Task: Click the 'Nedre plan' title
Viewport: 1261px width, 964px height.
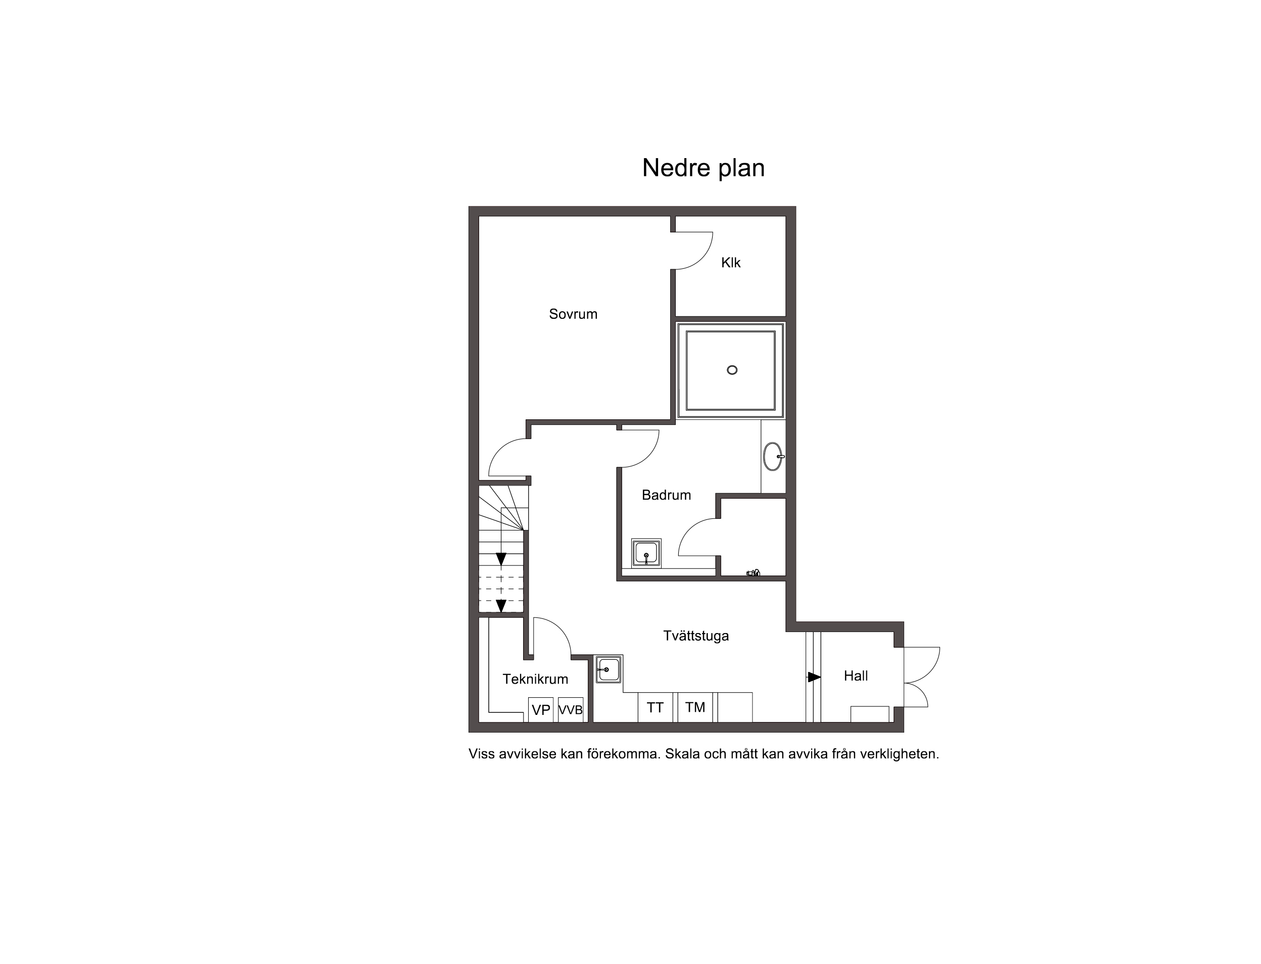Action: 703,168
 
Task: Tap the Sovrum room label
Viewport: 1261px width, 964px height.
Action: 573,314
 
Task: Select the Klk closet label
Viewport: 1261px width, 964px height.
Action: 731,262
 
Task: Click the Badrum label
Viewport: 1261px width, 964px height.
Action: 666,495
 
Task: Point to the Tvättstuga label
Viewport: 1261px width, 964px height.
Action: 695,636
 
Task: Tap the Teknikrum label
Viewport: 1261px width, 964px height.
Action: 535,679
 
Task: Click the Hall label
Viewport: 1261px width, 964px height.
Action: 855,676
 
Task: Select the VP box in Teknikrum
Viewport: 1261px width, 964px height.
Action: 541,709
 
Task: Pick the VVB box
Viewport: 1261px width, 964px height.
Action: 571,709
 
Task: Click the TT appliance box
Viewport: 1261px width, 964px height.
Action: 656,707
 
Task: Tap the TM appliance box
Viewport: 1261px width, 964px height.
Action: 695,707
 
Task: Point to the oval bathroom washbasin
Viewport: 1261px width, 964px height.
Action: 773,456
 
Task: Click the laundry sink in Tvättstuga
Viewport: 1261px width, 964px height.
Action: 609,669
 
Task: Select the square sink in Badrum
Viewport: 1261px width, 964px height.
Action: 646,553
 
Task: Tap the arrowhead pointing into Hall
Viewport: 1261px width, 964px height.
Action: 814,677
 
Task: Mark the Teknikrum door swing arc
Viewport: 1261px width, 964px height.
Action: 559,629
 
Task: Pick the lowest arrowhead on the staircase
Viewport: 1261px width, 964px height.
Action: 501,605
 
